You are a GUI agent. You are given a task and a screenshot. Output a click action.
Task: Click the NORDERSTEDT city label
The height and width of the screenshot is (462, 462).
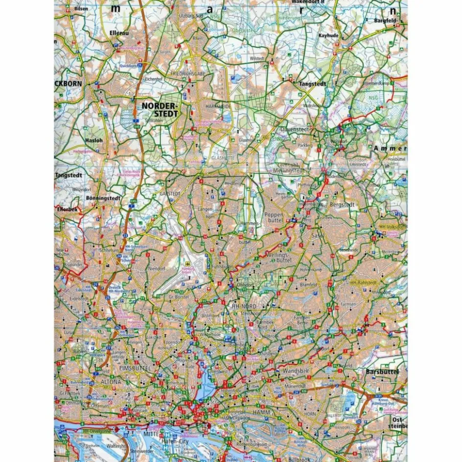[x=160, y=110]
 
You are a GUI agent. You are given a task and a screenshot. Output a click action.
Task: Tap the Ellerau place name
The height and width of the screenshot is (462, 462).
[x=118, y=33]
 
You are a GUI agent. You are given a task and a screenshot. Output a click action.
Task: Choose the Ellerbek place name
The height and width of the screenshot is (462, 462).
[x=67, y=209]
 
